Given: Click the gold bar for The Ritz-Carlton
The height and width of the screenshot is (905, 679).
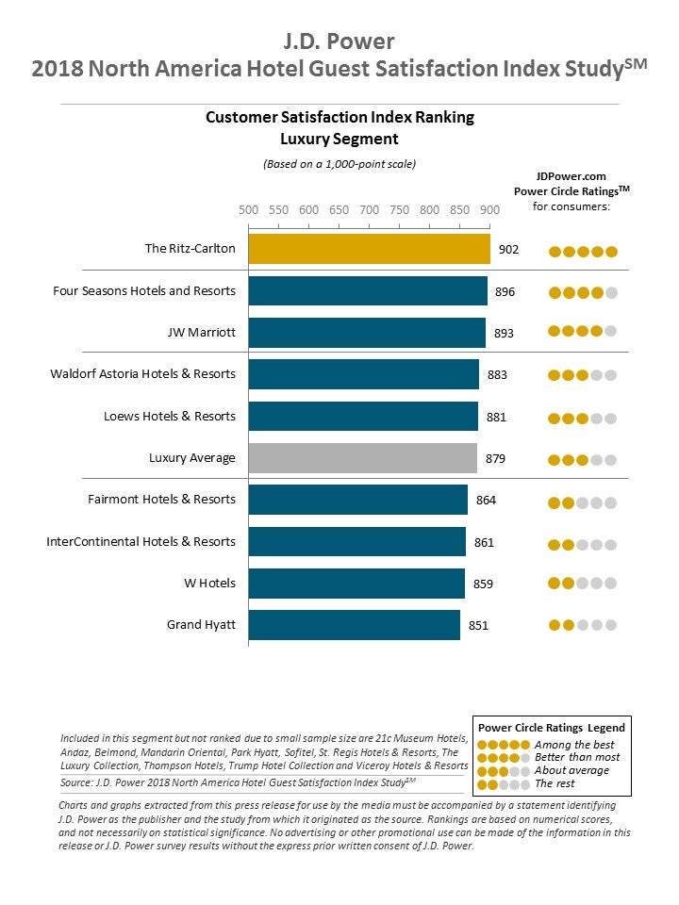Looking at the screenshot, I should (369, 250).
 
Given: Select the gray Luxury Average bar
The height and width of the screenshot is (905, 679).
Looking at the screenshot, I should (362, 458).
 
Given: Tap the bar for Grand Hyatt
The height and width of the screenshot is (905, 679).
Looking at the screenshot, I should (354, 625).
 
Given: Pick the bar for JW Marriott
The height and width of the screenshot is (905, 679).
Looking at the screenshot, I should (367, 333).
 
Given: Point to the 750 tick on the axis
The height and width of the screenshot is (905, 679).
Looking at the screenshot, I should (399, 210).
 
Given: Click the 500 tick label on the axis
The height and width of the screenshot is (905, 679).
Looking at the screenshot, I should (248, 210).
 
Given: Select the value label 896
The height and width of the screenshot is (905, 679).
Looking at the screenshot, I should (505, 291).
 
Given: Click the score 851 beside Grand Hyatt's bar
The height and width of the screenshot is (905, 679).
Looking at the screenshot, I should (478, 625).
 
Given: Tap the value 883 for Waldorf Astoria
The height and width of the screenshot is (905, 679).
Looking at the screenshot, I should (497, 374).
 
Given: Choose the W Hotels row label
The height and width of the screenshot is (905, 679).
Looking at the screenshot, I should (209, 584).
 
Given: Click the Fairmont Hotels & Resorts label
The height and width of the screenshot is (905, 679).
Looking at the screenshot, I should (161, 500).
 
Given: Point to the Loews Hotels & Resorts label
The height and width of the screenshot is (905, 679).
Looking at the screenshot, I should (169, 417).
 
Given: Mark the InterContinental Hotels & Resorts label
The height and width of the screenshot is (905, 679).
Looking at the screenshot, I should (141, 542).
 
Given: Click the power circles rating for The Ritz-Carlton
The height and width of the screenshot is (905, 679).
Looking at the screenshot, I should (583, 252).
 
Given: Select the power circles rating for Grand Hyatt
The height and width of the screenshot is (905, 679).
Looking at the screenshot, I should (583, 625).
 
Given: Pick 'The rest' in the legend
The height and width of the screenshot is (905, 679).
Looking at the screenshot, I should (555, 783).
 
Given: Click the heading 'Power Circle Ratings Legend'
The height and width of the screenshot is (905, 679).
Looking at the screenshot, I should (552, 728).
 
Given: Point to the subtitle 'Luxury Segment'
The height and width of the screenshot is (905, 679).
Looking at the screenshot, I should (339, 140).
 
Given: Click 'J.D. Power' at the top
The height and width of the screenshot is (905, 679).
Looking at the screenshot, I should (339, 41).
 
